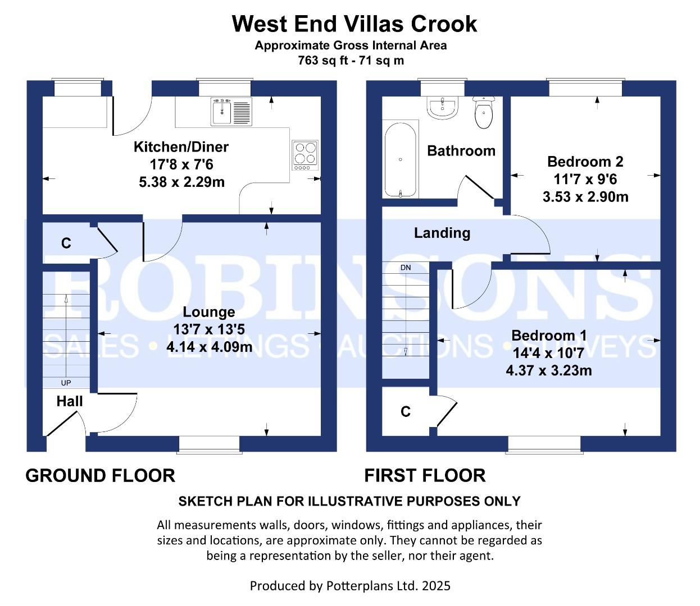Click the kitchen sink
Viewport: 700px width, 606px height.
pos(231,112)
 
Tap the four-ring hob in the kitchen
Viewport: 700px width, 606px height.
pos(305,155)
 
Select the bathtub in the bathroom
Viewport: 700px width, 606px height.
pos(401,159)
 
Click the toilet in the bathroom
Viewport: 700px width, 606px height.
pos(484,113)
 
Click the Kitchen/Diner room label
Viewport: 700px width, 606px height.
pos(181,147)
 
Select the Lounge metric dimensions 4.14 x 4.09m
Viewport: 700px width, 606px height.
pos(209,347)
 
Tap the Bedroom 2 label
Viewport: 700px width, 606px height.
pos(585,162)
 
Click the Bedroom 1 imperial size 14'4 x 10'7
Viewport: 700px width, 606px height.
pos(549,353)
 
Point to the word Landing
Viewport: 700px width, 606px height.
pos(442,233)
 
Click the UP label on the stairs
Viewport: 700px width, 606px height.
pos(66,383)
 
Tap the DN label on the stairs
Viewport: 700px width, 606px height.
pos(406,268)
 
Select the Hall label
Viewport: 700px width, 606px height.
pos(70,401)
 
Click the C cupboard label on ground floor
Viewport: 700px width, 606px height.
pos(66,244)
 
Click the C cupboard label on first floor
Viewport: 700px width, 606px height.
pos(406,412)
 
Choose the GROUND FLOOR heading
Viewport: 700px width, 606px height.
pos(101,475)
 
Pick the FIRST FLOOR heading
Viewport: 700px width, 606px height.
pos(425,475)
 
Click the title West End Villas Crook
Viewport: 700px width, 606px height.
pos(354,24)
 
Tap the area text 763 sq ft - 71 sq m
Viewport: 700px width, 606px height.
pos(351,61)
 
